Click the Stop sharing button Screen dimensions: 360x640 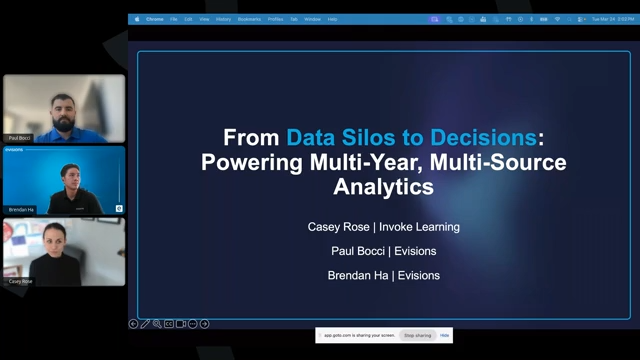[x=417, y=335]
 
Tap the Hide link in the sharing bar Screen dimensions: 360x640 [x=445, y=335]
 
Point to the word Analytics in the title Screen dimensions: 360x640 [x=384, y=186]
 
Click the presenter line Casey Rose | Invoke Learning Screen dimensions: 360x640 [x=384, y=227]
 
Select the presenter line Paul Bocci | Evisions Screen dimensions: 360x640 [x=384, y=251]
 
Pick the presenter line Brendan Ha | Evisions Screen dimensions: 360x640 [x=384, y=275]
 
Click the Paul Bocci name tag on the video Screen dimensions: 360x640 [x=19, y=138]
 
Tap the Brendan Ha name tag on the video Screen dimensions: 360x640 [x=21, y=209]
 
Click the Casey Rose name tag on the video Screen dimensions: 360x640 [x=20, y=281]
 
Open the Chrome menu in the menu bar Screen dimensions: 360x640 [x=155, y=19]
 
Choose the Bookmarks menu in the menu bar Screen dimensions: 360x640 [x=249, y=19]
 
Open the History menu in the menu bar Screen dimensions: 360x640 [x=223, y=19]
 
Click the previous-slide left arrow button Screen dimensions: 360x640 [x=134, y=324]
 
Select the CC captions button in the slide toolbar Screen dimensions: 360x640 [x=169, y=324]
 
